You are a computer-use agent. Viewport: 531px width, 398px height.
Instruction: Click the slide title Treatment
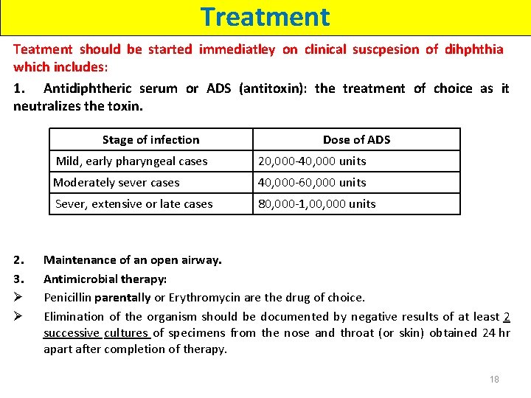tap(265, 16)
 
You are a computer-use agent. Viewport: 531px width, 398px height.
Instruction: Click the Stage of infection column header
tap(150, 139)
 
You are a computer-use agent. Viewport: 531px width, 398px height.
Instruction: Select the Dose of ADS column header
tap(356, 139)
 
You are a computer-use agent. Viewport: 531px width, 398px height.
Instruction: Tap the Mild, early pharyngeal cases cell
tap(132, 161)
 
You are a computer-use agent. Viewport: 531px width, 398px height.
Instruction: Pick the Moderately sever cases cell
tap(117, 182)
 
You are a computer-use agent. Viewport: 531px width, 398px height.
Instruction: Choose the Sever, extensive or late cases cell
tap(133, 203)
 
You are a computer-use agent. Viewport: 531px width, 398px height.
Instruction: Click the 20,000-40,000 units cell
tap(311, 161)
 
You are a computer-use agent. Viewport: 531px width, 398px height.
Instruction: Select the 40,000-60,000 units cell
tap(311, 182)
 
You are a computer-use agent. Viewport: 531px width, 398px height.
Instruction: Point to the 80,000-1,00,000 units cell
tap(316, 203)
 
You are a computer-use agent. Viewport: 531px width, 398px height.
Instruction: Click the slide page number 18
tap(494, 379)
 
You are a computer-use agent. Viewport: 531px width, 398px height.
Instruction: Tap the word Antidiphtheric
tap(88, 88)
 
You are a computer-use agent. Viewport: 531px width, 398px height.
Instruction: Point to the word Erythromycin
tap(207, 298)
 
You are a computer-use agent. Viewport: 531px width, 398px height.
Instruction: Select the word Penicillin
tap(67, 298)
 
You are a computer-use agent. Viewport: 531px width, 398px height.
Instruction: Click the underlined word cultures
tap(125, 332)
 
